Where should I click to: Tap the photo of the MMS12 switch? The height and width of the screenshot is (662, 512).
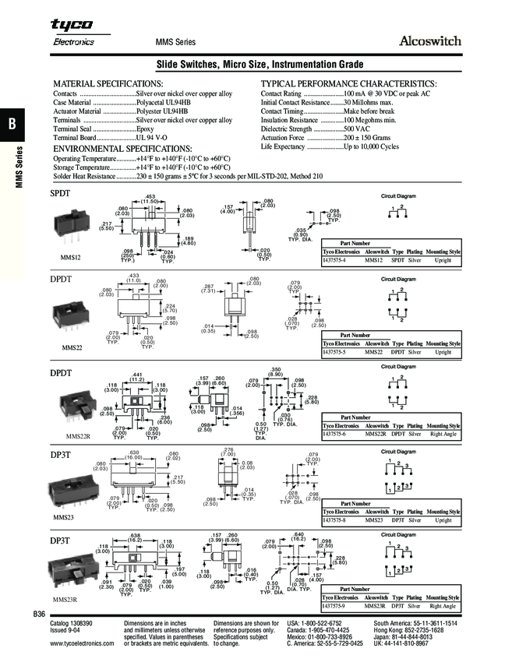pos(70,226)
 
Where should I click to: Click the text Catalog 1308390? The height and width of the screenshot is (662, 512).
pos(71,625)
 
